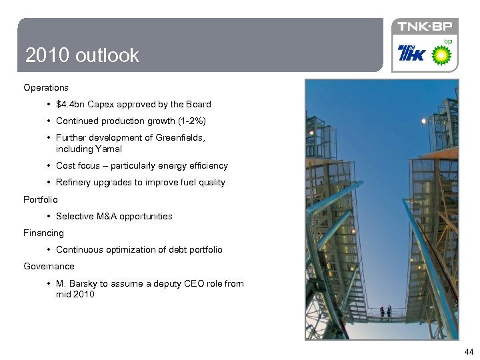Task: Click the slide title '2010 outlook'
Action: tap(82, 55)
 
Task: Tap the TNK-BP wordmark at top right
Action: tap(425, 27)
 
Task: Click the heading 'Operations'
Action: tap(45, 87)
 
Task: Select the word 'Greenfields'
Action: tap(180, 137)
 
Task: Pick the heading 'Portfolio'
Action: tap(41, 199)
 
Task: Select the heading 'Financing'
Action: tap(43, 233)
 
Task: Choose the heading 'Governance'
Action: tap(49, 266)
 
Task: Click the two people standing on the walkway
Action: tap(385, 311)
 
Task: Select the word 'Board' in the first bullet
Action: tap(198, 104)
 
